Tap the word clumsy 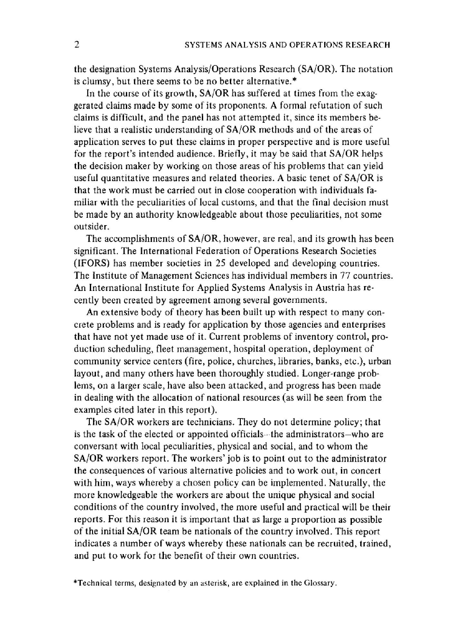93,82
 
